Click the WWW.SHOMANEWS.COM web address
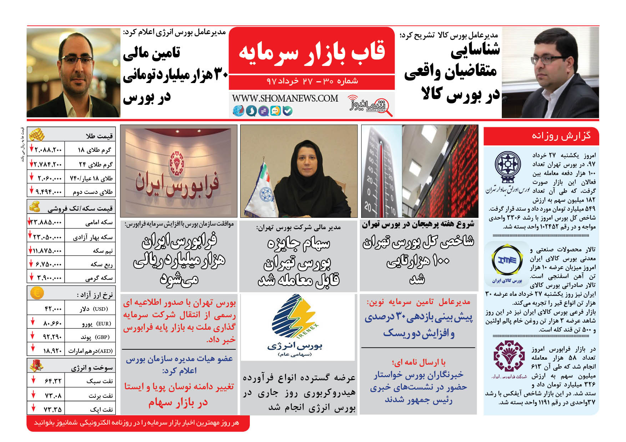click(x=285, y=98)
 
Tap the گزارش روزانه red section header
click(x=541, y=136)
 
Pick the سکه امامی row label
click(x=99, y=222)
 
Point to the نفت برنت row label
click(x=101, y=396)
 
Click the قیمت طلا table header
click(x=99, y=136)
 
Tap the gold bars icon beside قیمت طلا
click(x=36, y=135)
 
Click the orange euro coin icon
click(x=37, y=293)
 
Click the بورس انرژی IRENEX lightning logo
click(x=295, y=315)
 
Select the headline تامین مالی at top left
click(x=151, y=53)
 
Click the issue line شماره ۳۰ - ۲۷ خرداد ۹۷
click(x=312, y=81)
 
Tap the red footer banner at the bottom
click(x=138, y=423)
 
